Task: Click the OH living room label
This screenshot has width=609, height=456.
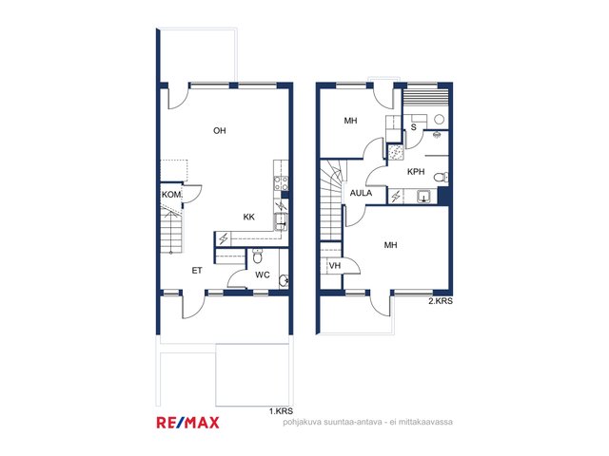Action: [220, 131]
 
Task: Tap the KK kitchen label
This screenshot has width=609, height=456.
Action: [249, 217]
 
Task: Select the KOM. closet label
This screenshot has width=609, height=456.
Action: [171, 194]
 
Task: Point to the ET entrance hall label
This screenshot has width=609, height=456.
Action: [197, 270]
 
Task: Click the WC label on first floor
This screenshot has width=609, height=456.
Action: [263, 275]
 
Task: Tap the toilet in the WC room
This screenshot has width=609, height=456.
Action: [258, 256]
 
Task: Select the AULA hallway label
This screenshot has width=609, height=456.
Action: [361, 193]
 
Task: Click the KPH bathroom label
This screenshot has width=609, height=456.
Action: [416, 171]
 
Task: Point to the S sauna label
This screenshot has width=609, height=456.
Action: [414, 126]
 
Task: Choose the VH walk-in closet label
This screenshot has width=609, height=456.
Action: [335, 266]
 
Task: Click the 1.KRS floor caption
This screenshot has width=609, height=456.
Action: [282, 411]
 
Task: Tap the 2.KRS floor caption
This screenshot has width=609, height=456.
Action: [441, 301]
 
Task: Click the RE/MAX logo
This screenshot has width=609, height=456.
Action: [188, 422]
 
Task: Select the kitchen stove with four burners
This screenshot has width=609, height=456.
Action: [282, 183]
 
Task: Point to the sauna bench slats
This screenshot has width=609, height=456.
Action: [425, 97]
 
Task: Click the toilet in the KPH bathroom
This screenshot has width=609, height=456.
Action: [442, 178]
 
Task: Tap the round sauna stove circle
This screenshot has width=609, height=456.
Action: [440, 119]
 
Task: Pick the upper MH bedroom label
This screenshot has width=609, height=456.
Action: [350, 121]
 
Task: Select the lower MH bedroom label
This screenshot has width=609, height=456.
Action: [391, 245]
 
